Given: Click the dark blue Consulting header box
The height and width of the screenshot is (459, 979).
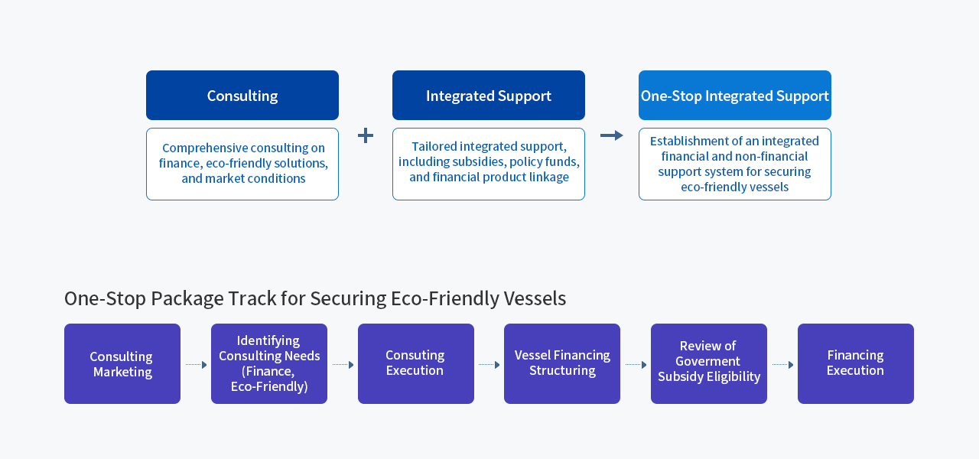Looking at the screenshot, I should tap(242, 96).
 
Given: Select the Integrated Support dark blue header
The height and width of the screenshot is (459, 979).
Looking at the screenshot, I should tap(489, 96).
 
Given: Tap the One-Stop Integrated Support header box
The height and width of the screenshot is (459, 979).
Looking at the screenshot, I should tap(735, 96).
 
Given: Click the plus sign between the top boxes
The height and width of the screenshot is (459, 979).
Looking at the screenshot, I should tap(366, 135).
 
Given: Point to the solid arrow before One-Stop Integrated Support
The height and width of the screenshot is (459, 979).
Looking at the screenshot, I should tap(612, 135).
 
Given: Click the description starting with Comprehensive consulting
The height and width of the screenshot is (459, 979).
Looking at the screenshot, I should tap(242, 164).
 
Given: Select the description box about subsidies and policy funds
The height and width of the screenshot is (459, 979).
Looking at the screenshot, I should tap(489, 164).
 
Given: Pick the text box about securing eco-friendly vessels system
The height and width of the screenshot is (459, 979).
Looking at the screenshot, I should tap(735, 164).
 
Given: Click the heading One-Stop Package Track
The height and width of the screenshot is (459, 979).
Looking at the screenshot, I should tap(314, 298).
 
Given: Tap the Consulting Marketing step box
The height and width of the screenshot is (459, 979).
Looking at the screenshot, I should tap(122, 364).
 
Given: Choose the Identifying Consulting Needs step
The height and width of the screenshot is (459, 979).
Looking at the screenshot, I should tap(269, 364).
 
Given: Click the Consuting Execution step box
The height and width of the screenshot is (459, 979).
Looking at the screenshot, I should tap(416, 364).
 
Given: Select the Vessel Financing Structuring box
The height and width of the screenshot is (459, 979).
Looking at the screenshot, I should tap(562, 364).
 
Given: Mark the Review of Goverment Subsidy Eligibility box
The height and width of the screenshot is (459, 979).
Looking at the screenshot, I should tap(709, 364).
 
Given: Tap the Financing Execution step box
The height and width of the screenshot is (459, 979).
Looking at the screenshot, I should tap(856, 364).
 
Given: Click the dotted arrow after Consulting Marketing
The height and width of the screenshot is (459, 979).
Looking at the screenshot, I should tap(196, 365).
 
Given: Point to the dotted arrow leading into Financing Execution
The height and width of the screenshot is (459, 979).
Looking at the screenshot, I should tap(782, 365).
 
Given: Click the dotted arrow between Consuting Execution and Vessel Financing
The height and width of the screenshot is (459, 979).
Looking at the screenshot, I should tap(489, 365).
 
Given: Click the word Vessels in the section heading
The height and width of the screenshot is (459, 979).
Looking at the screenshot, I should tap(534, 298).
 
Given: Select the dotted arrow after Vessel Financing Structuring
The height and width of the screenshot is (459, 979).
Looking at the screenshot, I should tap(636, 365).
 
